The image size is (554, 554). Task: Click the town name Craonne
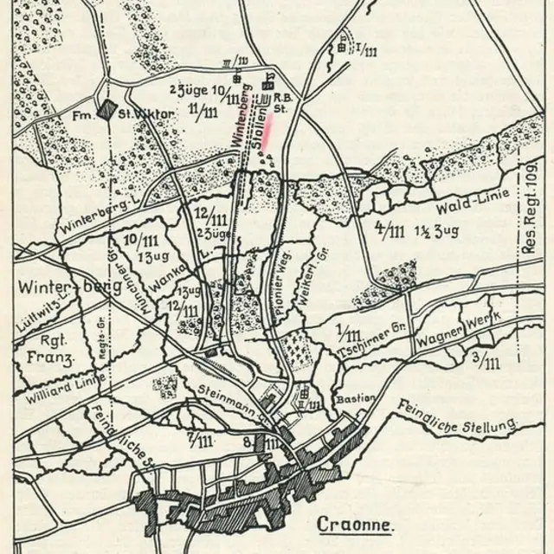pyautogui.click(x=355, y=524)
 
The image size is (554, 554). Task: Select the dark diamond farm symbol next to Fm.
pyautogui.click(x=106, y=111)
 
